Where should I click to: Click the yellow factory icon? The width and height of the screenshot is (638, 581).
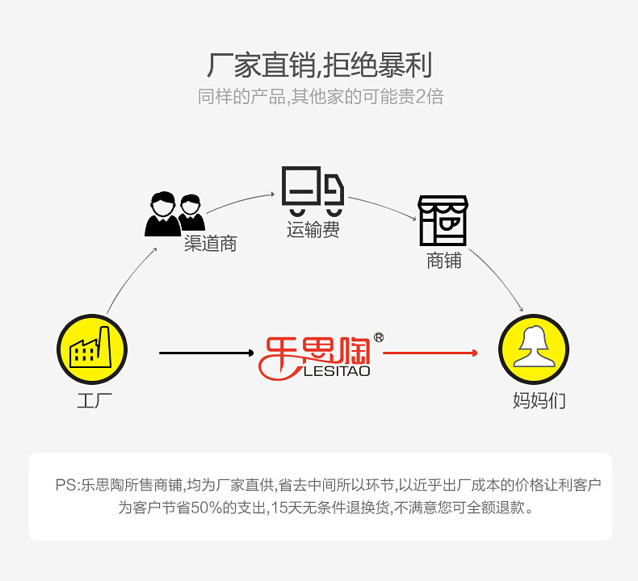(92, 349)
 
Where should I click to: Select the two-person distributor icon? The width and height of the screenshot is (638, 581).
(174, 213)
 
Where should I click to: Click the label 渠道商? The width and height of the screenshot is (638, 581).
(210, 244)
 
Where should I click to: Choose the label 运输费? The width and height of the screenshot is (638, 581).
(313, 230)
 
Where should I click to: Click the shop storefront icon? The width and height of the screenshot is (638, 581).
(443, 219)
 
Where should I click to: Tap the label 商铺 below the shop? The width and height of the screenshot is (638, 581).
(443, 261)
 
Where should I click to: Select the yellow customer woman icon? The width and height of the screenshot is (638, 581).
(534, 349)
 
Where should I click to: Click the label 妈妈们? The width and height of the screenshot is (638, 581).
(539, 400)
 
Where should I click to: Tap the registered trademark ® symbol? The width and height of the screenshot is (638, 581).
(379, 337)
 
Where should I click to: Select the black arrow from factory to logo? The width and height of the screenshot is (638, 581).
(207, 353)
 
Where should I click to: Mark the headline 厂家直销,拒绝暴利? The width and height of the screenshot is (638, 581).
(319, 65)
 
